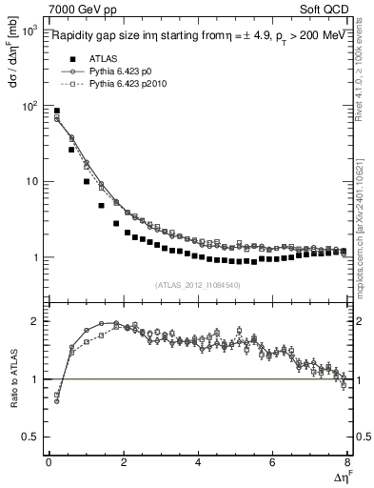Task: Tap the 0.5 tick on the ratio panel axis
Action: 28,437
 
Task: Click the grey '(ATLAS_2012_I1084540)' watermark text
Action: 195,284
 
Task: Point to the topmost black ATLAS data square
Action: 57,112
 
